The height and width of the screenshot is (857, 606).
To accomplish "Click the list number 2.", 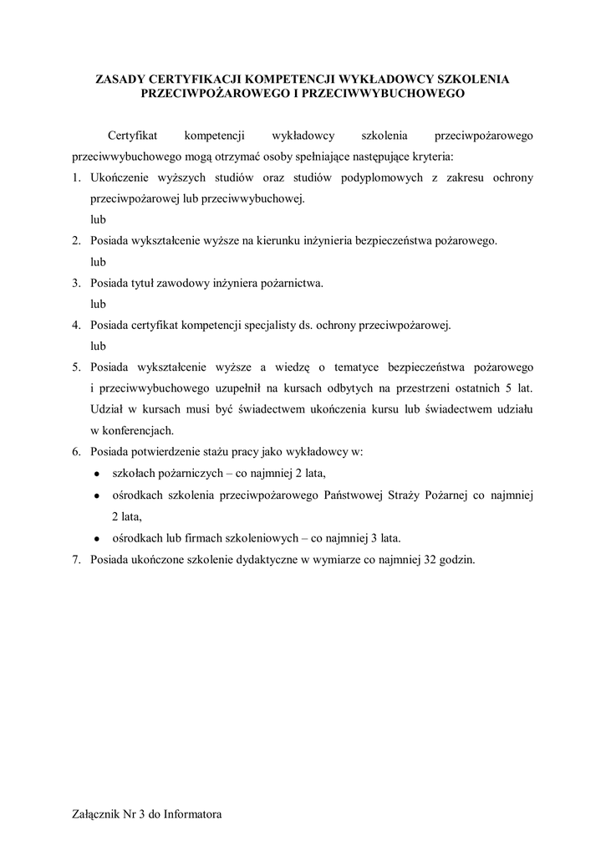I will click(x=74, y=241).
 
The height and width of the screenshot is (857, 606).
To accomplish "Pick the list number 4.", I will click(x=74, y=325).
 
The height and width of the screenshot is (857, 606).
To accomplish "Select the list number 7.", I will click(x=74, y=560).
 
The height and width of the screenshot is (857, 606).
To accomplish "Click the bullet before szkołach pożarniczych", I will click(x=98, y=474).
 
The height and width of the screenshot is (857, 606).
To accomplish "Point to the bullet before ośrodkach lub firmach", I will click(x=98, y=538).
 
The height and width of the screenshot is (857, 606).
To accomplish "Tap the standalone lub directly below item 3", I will click(x=99, y=304).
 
